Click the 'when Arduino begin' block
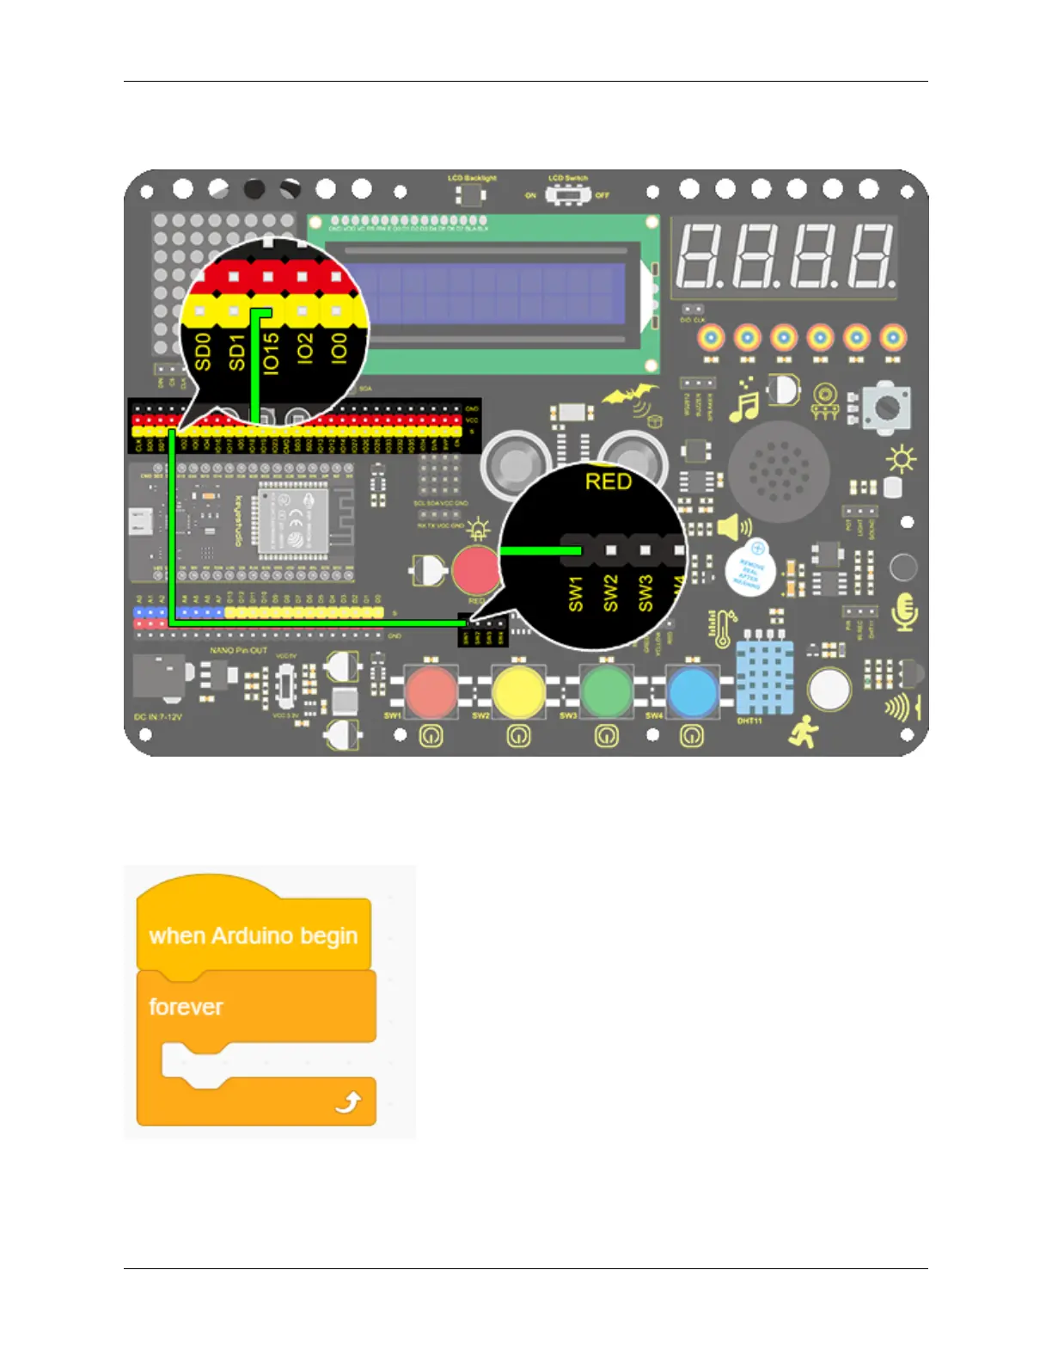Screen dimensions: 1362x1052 point(254,936)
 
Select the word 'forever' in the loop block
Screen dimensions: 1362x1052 point(186,1007)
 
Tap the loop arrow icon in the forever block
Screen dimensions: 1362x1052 point(348,1101)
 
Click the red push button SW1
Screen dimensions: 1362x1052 point(431,691)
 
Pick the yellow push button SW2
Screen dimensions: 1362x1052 point(518,691)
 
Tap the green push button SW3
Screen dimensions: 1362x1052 point(607,691)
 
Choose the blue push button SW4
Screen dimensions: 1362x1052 point(693,691)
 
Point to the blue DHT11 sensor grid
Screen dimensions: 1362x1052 point(764,678)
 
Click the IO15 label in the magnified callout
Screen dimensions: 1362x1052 point(271,353)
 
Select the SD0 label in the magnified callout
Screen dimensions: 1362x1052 point(203,353)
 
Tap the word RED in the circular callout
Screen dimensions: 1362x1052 point(609,482)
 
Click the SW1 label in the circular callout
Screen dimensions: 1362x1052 point(576,593)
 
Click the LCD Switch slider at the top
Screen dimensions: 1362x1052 point(567,195)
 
